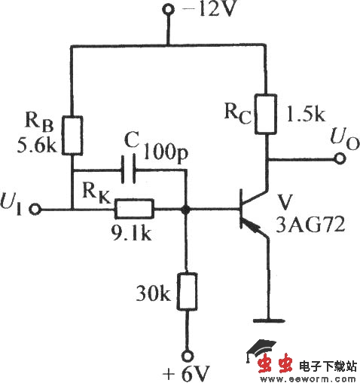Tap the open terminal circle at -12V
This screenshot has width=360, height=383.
pos(167,11)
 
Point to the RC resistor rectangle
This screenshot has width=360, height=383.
pos(266,113)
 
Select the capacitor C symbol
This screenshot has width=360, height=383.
pos(129,171)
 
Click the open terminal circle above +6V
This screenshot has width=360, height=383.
pos(185,351)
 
